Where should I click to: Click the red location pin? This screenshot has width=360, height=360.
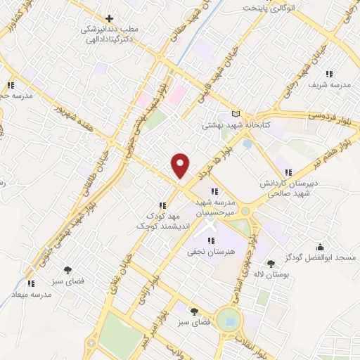pyautogui.click(x=181, y=164)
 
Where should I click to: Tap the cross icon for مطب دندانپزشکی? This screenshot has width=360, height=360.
pyautogui.click(x=109, y=18)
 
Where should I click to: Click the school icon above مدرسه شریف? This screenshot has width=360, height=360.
pyautogui.click(x=328, y=73)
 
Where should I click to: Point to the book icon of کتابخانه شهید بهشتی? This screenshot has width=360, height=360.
pyautogui.click(x=236, y=115)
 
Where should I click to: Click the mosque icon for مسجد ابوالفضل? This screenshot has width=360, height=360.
pyautogui.click(x=321, y=247)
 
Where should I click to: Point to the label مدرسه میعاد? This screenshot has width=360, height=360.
pyautogui.click(x=32, y=295)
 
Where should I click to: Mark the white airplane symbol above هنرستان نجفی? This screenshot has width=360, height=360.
pyautogui.click(x=208, y=227)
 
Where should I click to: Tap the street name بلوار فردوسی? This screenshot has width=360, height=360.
pyautogui.click(x=328, y=115)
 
